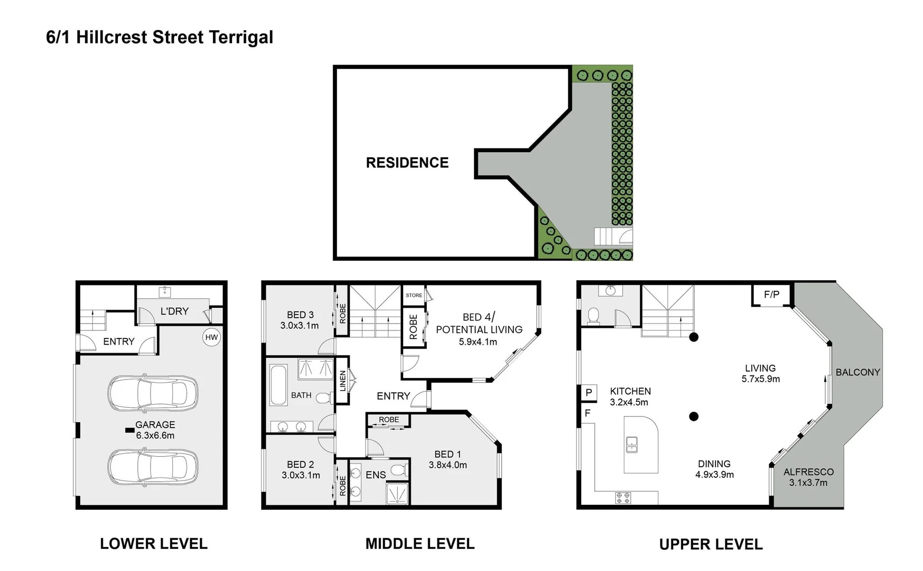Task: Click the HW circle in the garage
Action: pos(211,337)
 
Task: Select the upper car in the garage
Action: pos(153,393)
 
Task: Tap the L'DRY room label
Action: pos(174,311)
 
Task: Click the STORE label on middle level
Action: pos(414,296)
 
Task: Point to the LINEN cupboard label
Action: pos(342,381)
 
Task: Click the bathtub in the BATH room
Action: pos(278,384)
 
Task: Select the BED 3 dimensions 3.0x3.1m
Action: pos(300,326)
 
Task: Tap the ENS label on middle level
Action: pos(376,475)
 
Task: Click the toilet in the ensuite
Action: pos(399,470)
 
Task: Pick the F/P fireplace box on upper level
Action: pos(771,294)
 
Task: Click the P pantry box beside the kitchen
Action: pos(589,393)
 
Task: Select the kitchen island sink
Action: pos(631,445)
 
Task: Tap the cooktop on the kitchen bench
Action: pos(623,498)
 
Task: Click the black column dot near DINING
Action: pos(694,417)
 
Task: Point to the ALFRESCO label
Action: pos(808,472)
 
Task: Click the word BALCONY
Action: pos(857,372)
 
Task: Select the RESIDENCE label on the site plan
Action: pos(407,163)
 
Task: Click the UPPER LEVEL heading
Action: pos(711,545)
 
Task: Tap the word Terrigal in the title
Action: pos(241,38)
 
